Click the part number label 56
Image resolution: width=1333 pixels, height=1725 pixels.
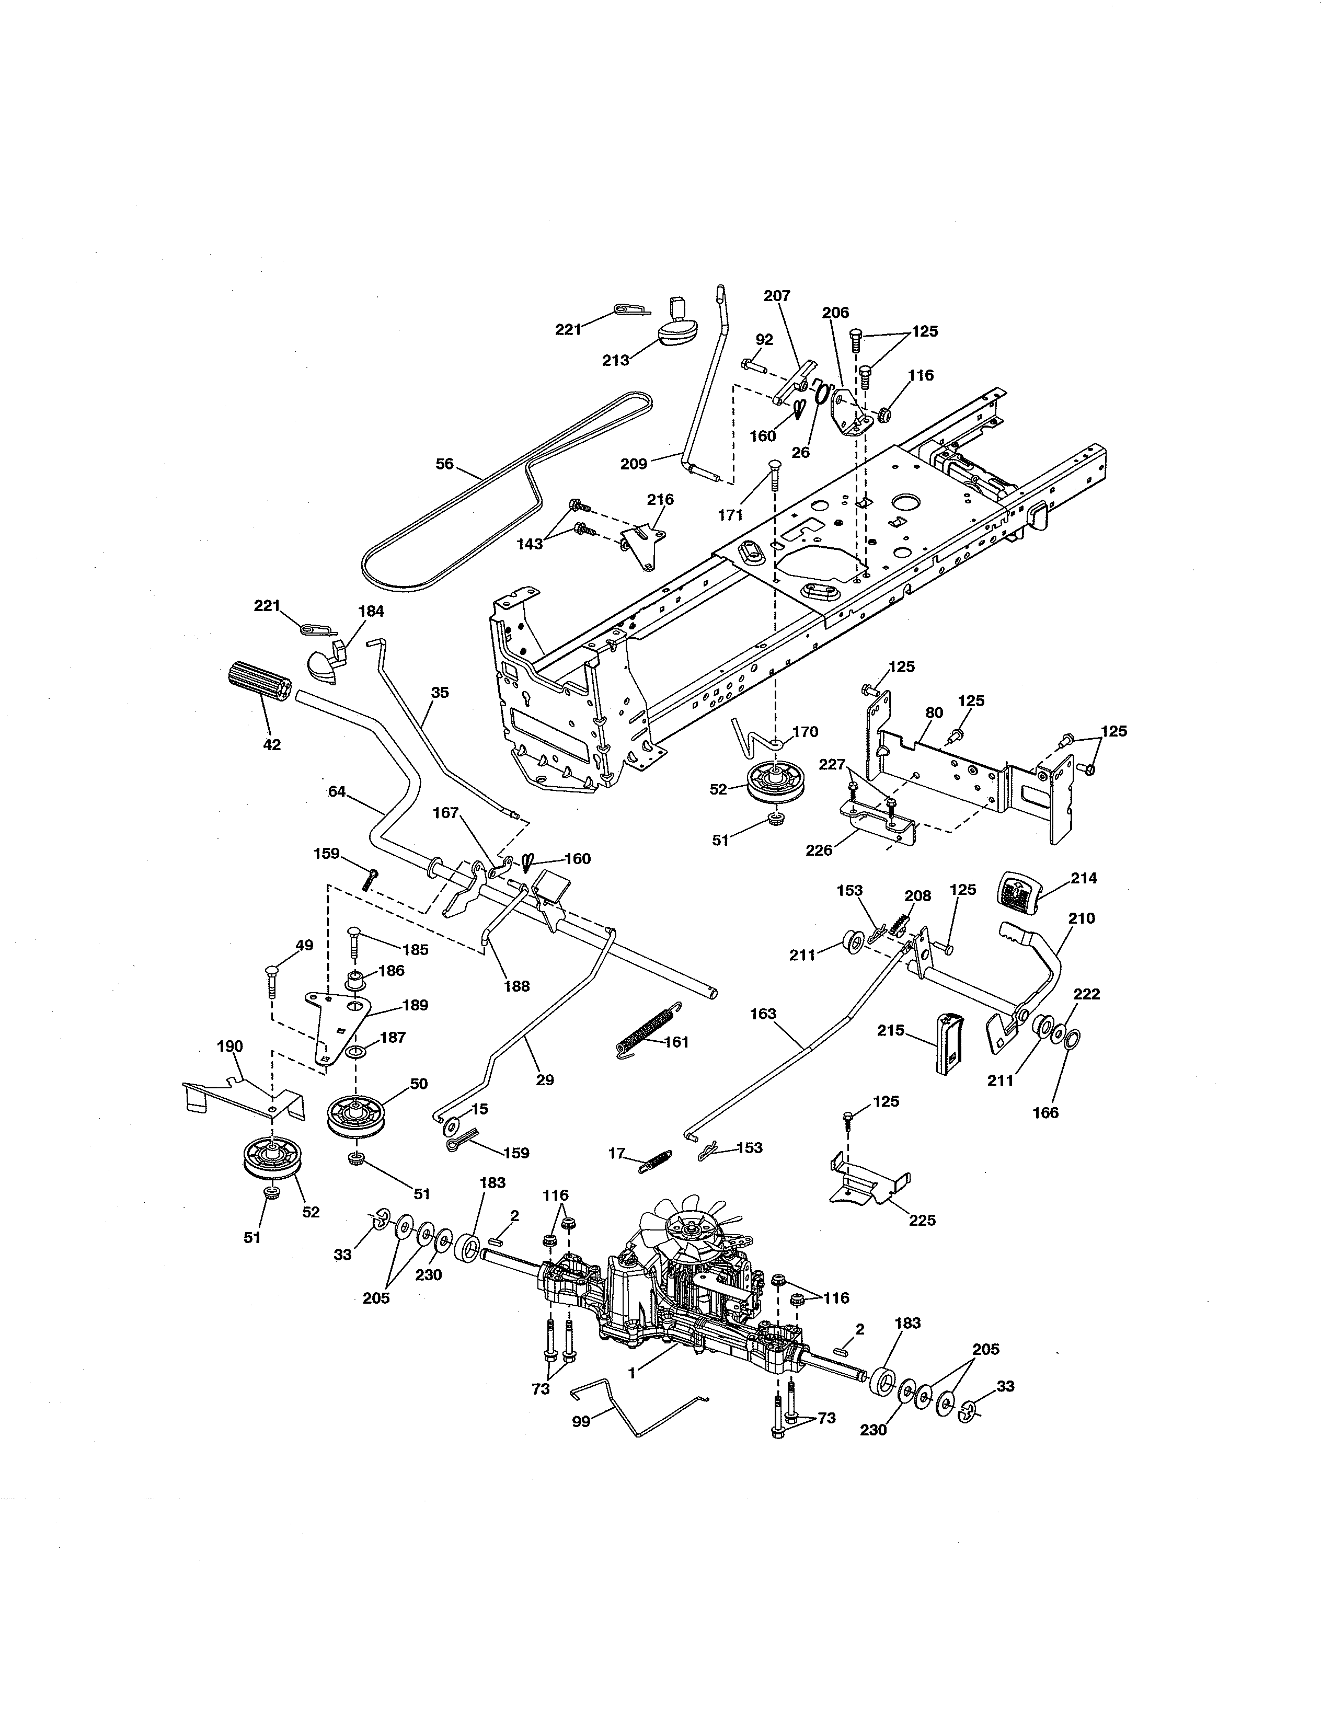click(x=445, y=464)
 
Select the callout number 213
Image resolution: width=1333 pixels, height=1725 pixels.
click(x=615, y=360)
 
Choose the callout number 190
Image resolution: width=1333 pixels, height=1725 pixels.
click(x=230, y=1046)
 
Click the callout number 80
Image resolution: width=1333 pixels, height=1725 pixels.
click(x=934, y=712)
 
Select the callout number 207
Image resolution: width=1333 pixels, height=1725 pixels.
click(x=777, y=295)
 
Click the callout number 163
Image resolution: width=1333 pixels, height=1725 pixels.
click(x=764, y=1014)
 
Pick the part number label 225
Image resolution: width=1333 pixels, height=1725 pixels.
click(x=922, y=1220)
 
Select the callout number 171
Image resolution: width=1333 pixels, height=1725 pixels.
click(x=730, y=515)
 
